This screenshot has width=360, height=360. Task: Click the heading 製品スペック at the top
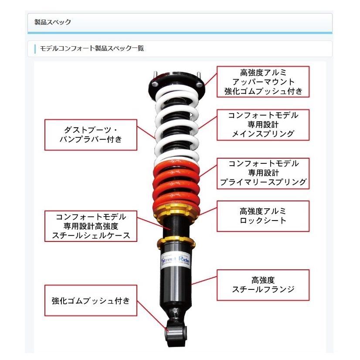(53, 22)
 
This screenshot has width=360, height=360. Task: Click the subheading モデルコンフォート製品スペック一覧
(92, 48)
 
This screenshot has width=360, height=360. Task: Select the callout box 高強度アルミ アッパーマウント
(263, 82)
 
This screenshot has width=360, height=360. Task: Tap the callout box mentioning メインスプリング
(263, 124)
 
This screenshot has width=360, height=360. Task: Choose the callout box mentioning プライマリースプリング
(263, 173)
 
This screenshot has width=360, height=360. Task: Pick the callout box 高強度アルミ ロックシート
(263, 216)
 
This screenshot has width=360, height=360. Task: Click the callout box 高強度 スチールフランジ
(263, 285)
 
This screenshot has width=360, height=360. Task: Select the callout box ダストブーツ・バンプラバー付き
(90, 135)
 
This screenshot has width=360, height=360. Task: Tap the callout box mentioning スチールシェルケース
(90, 226)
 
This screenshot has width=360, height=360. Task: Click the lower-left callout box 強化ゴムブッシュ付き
(90, 300)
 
